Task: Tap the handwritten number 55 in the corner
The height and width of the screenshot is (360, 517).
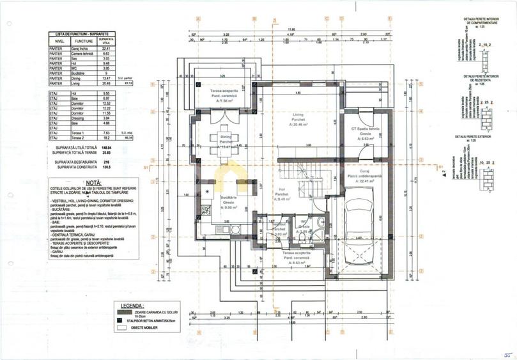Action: (506, 354)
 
